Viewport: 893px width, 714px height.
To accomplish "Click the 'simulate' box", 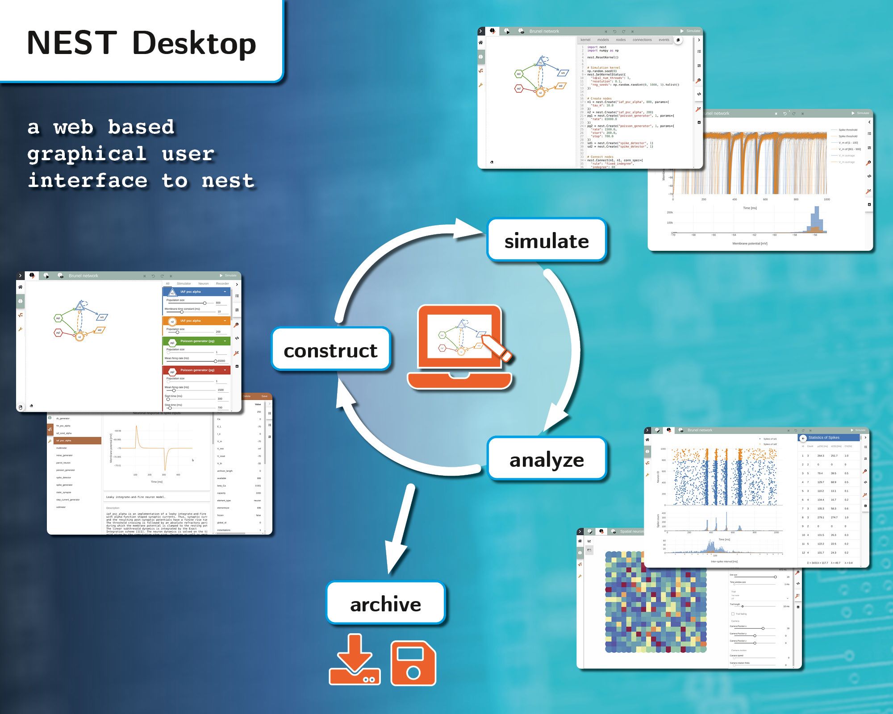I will pos(547,241).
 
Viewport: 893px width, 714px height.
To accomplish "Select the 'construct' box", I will pos(331,350).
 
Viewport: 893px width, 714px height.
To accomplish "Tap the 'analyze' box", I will pos(547,459).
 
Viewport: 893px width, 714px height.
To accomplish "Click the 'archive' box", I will pos(385,604).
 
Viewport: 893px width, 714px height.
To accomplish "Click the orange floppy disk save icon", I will pos(413,664).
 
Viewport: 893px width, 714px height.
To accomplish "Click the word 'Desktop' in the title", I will pos(194,44).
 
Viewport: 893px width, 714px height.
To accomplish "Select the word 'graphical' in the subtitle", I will pos(87,154).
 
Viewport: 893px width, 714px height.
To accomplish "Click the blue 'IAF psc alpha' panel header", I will pos(196,292).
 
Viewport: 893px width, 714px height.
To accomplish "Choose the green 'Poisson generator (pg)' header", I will pos(196,341).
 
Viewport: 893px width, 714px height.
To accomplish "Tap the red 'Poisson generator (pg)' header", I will pos(196,370).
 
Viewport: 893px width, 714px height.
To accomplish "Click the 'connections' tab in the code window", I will pos(642,40).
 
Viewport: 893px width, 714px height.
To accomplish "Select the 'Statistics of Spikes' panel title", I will pos(824,438).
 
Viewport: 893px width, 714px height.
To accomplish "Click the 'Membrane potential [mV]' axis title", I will pos(750,244).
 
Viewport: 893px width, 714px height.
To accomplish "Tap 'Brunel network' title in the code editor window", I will pos(544,31).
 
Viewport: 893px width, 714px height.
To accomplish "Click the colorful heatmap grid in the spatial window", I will pos(656,602).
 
